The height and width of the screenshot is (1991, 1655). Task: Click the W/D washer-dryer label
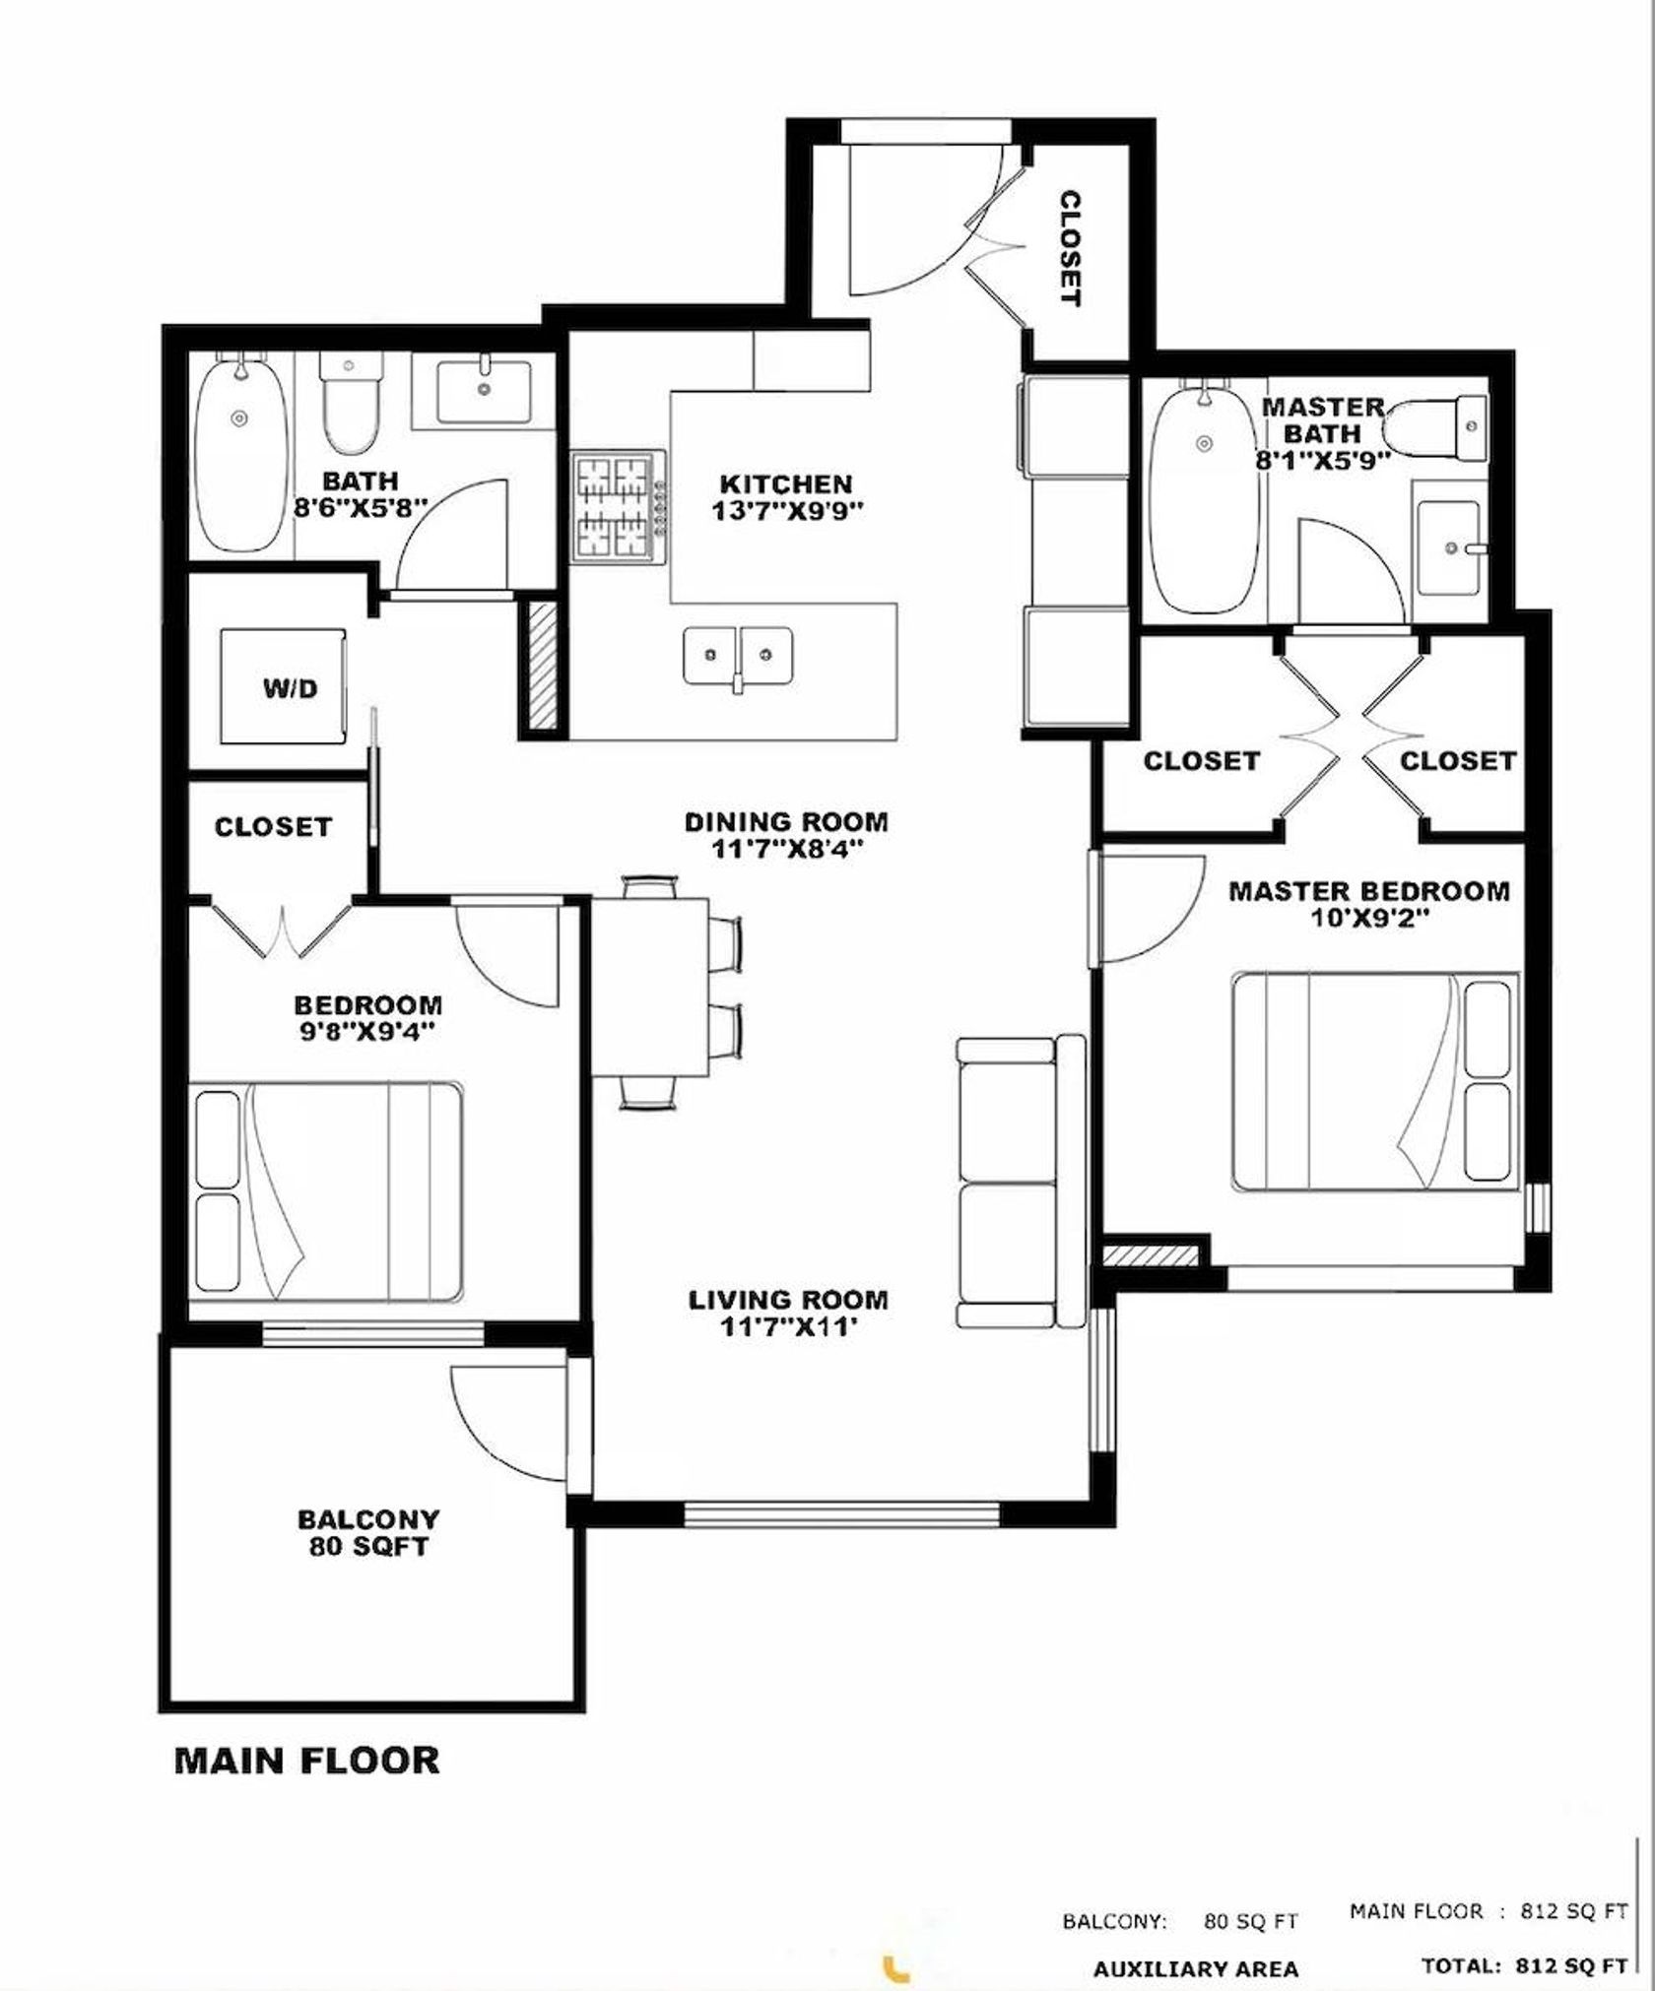(x=291, y=689)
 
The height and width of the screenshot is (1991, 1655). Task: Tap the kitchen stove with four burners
(x=619, y=507)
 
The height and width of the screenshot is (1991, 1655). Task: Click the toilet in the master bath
(x=1434, y=427)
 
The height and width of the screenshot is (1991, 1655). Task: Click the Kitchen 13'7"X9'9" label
(x=785, y=497)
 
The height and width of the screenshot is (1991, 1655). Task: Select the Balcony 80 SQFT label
(x=368, y=1533)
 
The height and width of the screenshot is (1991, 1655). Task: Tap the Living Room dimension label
(x=787, y=1314)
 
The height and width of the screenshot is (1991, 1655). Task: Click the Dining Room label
(x=786, y=834)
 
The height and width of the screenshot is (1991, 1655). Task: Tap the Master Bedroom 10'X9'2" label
(x=1368, y=904)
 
